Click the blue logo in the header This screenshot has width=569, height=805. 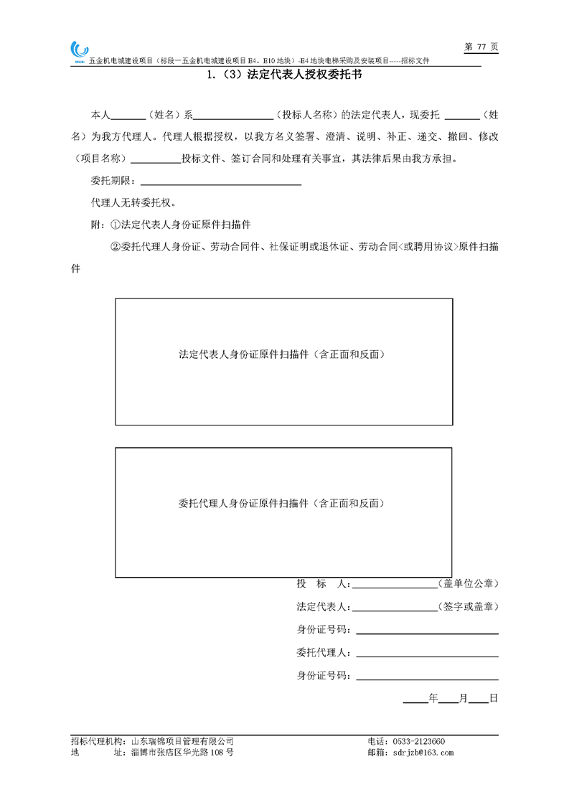click(79, 50)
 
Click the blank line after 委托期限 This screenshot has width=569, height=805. click(222, 181)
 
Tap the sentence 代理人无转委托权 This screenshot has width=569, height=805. click(133, 202)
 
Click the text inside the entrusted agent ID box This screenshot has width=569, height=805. click(283, 504)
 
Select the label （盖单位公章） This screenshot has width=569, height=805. click(469, 583)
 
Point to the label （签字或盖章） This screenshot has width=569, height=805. click(469, 606)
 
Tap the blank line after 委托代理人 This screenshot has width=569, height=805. click(427, 654)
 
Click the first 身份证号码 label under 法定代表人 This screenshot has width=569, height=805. click(323, 630)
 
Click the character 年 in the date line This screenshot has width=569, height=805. click(433, 697)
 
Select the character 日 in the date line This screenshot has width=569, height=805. click(493, 697)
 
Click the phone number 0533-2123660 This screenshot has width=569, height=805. click(417, 741)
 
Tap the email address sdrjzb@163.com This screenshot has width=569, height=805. click(420, 753)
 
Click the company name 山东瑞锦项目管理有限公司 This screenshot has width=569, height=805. click(183, 741)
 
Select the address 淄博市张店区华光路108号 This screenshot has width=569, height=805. click(182, 753)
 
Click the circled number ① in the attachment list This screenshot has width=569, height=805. click(116, 225)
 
